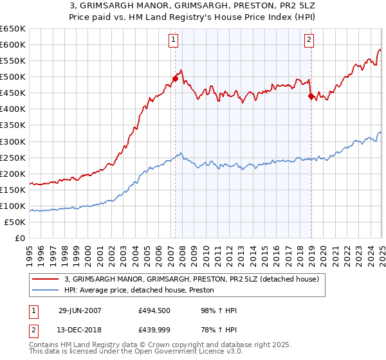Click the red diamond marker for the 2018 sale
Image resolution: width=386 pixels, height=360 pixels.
pyautogui.click(x=311, y=96)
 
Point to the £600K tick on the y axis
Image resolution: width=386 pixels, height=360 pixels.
pyautogui.click(x=14, y=45)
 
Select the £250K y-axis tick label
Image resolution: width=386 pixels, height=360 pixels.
pyautogui.click(x=14, y=157)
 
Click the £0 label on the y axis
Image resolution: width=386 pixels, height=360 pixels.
pyautogui.click(x=20, y=238)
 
